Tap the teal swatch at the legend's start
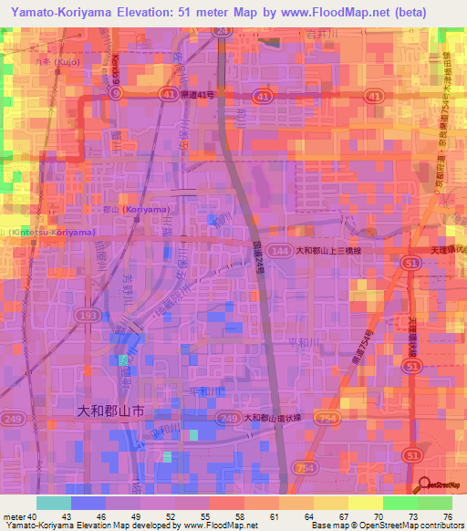[x=53, y=503]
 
